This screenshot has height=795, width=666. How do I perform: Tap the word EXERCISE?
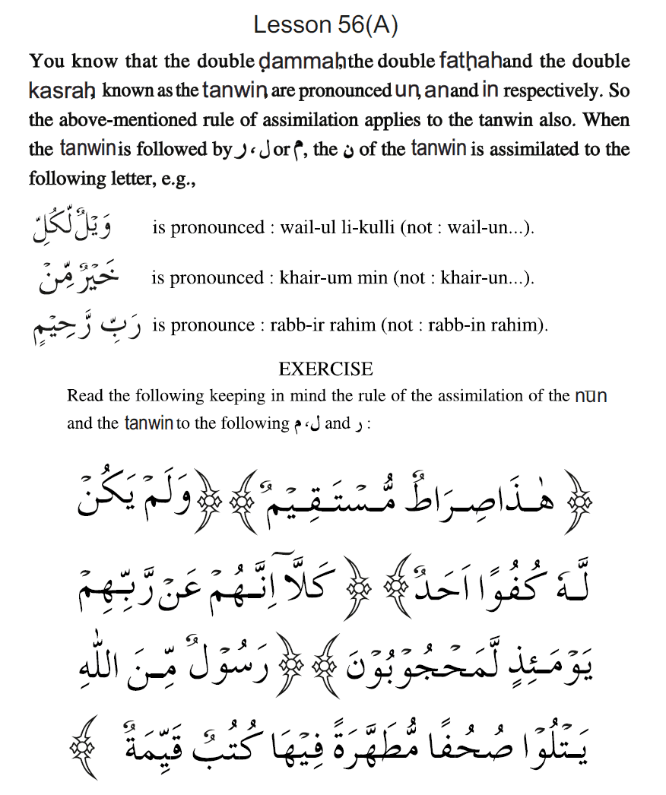pos(325,369)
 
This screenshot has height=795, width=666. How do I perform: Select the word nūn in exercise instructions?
pos(591,395)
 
